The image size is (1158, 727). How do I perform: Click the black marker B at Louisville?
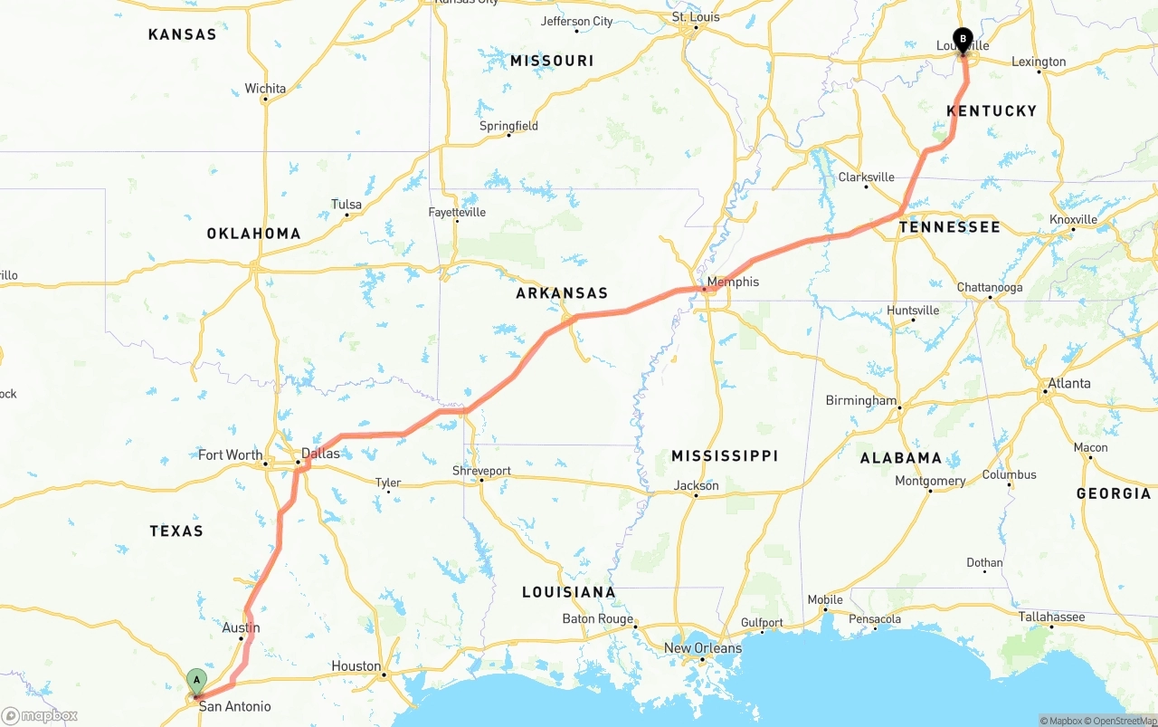(x=963, y=40)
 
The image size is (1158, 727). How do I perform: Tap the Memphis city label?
(x=733, y=282)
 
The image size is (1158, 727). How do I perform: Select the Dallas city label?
(x=320, y=453)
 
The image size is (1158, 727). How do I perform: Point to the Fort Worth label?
(x=230, y=455)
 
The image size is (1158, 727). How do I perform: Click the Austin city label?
(x=241, y=627)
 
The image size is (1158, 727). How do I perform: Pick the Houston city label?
(x=356, y=666)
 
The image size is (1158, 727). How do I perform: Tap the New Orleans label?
(x=702, y=648)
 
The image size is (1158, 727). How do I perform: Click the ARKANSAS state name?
(x=562, y=293)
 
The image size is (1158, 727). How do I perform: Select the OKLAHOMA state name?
(x=253, y=234)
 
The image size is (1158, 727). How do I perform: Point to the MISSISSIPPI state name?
(x=725, y=455)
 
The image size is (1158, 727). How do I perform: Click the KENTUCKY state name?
(x=992, y=110)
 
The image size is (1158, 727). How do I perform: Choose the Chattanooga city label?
(x=990, y=288)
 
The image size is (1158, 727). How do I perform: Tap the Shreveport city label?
(x=481, y=471)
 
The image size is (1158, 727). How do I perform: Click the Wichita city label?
(x=265, y=89)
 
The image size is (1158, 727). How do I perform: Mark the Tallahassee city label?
(x=1051, y=617)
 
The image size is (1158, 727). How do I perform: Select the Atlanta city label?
(x=1069, y=383)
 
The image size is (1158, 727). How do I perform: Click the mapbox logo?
(x=40, y=716)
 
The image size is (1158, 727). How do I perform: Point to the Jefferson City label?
(x=576, y=21)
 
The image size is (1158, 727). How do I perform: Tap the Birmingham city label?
(x=860, y=400)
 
